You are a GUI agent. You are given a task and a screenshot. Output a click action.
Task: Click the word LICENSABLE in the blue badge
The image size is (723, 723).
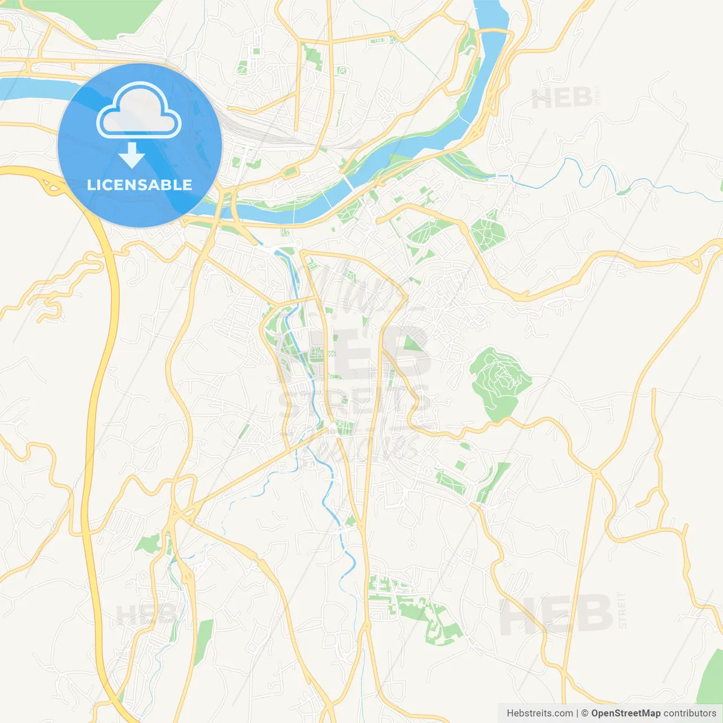140,185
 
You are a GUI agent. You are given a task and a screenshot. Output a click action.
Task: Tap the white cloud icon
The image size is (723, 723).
139,111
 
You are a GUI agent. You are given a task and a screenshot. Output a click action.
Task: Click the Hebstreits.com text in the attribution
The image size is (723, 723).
539,713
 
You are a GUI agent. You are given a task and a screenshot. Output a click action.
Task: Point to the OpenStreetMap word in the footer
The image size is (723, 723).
625,713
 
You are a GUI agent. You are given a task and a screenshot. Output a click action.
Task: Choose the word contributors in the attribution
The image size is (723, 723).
690,713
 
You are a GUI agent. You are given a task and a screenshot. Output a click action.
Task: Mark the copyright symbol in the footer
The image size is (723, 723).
585,713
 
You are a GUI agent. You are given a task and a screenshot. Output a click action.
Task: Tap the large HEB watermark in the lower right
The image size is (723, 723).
556,615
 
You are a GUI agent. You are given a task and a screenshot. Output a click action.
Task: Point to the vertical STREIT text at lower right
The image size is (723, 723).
622,610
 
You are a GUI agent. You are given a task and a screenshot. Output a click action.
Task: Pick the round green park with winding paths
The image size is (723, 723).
498,378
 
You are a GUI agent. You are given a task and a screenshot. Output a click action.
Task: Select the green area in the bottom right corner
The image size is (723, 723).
711,678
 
